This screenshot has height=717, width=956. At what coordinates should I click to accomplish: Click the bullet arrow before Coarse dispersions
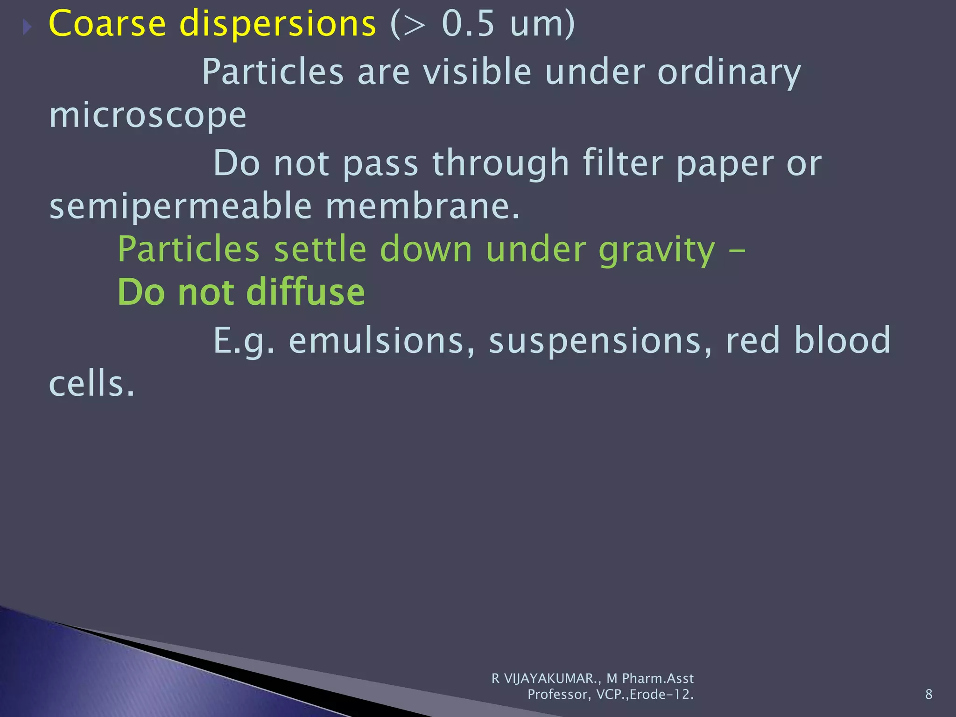(x=27, y=28)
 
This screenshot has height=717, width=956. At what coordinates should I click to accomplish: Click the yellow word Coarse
(x=107, y=24)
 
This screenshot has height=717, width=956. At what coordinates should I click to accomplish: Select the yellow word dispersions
(x=278, y=24)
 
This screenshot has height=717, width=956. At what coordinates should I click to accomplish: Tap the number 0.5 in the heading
(x=468, y=24)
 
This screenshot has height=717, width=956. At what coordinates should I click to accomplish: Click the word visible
(x=477, y=72)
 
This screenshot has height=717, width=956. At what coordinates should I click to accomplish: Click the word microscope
(x=148, y=116)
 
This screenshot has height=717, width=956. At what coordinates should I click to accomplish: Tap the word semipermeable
(x=180, y=207)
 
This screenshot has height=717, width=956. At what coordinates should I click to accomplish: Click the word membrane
(x=422, y=206)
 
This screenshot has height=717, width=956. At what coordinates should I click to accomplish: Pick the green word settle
(x=320, y=249)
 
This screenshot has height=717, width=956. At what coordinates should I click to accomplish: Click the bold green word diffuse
(x=305, y=292)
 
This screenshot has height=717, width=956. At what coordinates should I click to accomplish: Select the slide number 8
(x=928, y=694)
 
